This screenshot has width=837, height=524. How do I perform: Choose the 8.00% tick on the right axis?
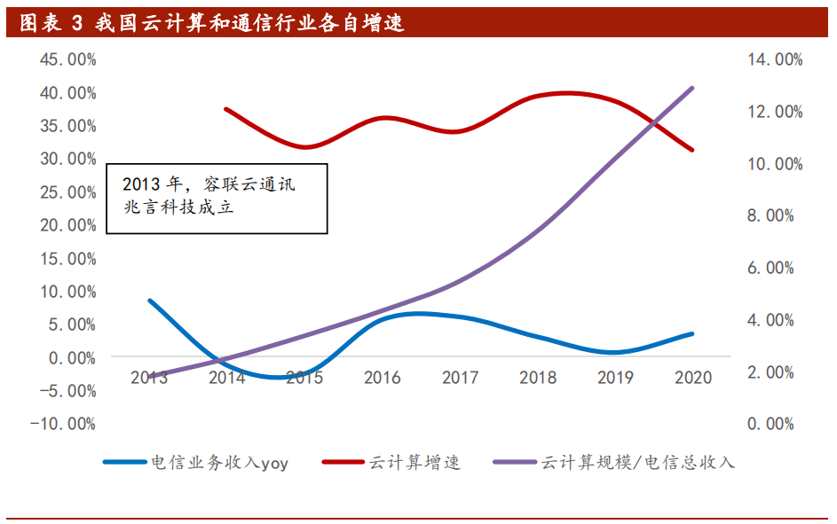769,215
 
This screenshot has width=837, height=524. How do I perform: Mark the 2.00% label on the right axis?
769,372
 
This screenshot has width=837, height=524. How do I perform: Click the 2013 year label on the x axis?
149,378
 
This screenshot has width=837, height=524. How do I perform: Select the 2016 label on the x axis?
383,378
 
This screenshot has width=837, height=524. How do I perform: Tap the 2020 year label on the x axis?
693,378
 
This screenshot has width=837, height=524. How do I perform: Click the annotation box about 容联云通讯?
217,199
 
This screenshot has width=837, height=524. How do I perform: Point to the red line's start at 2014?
226,109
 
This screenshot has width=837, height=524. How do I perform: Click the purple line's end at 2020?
692,88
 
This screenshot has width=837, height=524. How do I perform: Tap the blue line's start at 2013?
149,301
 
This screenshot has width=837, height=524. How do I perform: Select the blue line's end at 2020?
692,334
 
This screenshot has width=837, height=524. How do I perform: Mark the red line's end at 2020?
692,150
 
